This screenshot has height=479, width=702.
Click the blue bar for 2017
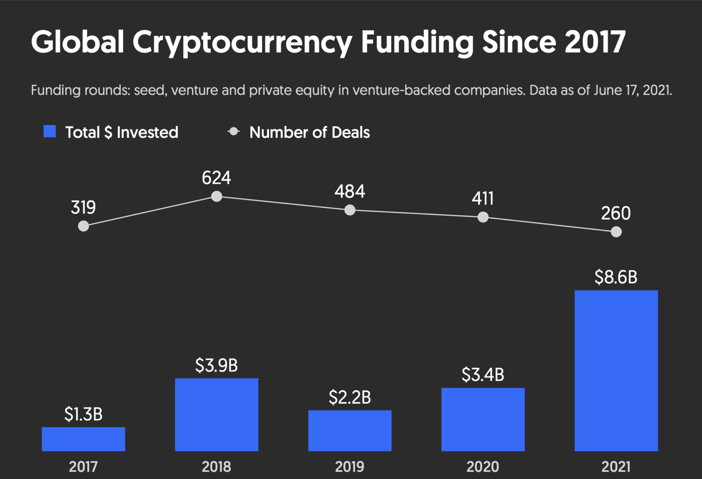[83, 439]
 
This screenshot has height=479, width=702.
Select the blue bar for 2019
[349, 430]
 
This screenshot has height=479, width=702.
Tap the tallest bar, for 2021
[616, 371]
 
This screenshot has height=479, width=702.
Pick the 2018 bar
[217, 414]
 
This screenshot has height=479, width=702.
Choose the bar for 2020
[483, 419]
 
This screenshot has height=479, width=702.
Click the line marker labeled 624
[217, 196]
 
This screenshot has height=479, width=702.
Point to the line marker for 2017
[83, 226]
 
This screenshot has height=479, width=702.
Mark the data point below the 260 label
[616, 232]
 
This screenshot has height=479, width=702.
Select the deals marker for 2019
[349, 210]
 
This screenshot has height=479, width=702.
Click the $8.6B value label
[616, 277]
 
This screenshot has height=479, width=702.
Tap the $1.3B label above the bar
[83, 414]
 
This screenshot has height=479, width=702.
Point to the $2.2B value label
[349, 398]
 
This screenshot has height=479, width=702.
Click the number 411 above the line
[483, 199]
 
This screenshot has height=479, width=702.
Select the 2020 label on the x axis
[483, 467]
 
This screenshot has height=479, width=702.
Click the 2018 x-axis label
[217, 467]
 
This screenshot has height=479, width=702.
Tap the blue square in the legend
[50, 132]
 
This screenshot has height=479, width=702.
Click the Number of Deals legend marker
[234, 132]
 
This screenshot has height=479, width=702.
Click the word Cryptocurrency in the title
[242, 42]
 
